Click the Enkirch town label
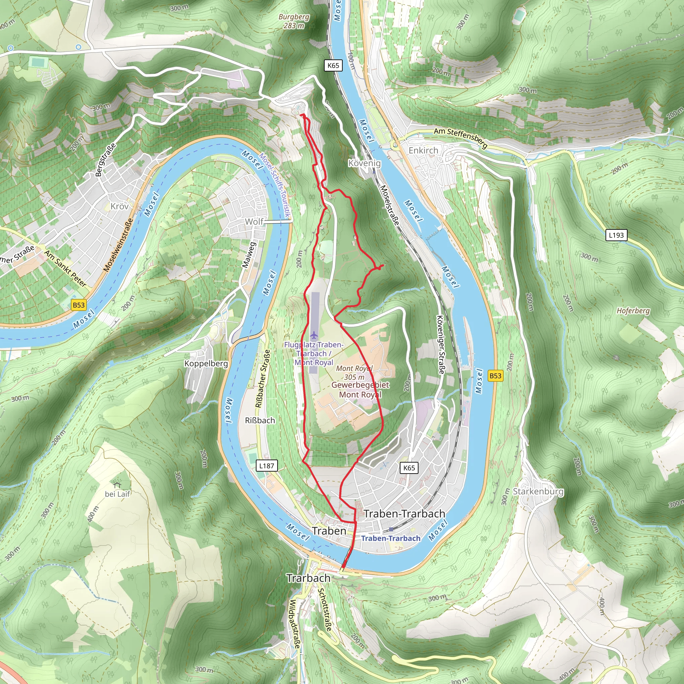coord(423,151)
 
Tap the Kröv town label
coord(119,206)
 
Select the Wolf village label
coord(254,222)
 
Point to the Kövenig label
coord(364,163)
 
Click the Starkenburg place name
coord(538,491)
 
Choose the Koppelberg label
coord(206,364)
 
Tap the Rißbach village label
coord(260,420)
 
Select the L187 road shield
coord(267,466)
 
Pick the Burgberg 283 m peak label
coord(294,21)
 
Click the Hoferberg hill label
coord(633,311)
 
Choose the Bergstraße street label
coord(105,159)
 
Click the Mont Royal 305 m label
coord(354,372)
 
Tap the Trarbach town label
coord(308,578)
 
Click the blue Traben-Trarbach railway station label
coord(390,538)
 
